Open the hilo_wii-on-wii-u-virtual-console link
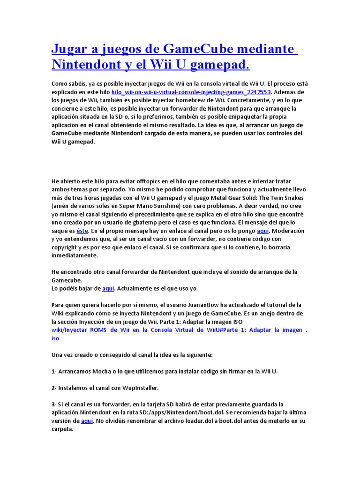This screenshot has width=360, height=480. coord(191,92)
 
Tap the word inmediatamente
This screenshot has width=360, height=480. coord(75,256)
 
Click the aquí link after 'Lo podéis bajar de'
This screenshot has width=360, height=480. coord(108,289)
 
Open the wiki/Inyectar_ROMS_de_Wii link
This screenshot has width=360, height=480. coord(180,330)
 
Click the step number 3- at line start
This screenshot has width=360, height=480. coord(54,404)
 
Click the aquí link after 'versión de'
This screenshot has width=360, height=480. coord(87,421)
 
